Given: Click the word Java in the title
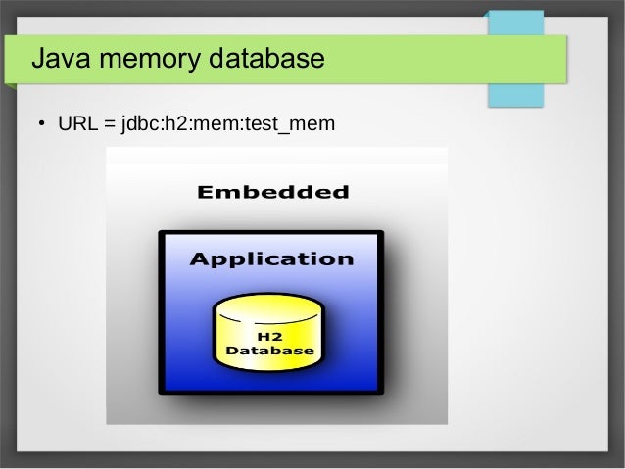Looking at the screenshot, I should coord(62,60).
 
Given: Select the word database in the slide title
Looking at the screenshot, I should coord(265,60).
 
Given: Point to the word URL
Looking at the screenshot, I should coord(77,125).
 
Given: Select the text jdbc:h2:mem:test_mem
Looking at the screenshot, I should coord(227,125).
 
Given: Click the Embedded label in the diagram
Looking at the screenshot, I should coord(272,192).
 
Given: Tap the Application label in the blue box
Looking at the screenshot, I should coord(271,259).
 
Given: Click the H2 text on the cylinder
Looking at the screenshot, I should coord(269,336).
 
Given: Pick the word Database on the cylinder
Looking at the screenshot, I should coord(270,350).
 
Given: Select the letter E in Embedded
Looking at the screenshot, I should coord(204,192).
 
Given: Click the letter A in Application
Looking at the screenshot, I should coord(199,259).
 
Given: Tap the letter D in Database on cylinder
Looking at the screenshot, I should coord(232,350).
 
